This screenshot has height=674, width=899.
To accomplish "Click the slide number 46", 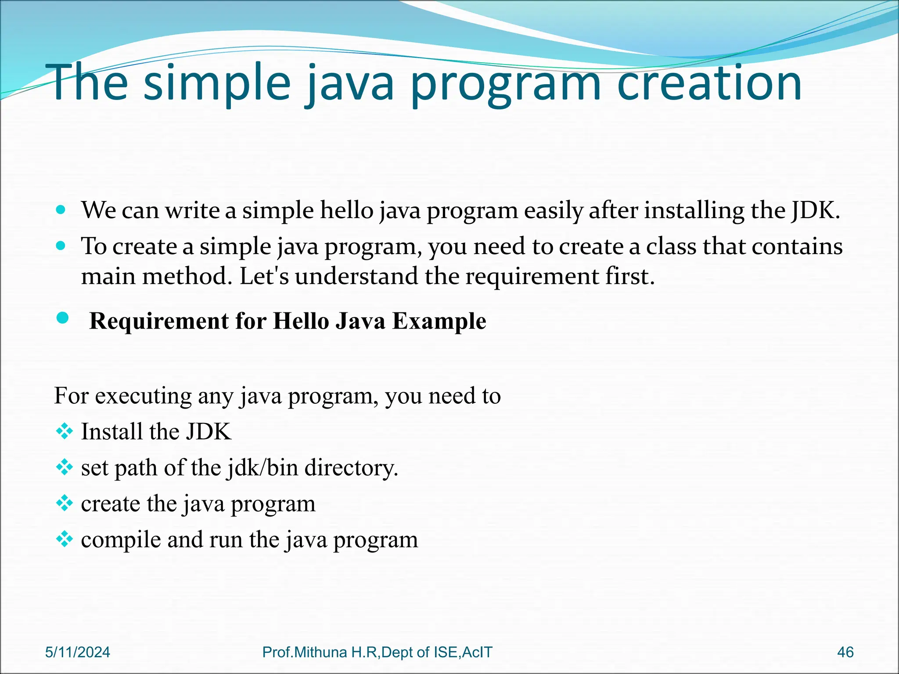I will pos(845,652).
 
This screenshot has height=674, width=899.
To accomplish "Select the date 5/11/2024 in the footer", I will pos(78,652).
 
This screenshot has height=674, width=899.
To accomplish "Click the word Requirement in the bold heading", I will pos(158,321).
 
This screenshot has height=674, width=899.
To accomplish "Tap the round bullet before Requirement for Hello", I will pos(63,318).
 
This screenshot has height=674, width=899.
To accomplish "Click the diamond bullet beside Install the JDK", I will pos(65,431).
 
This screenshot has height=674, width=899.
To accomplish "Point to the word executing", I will pos(143,396).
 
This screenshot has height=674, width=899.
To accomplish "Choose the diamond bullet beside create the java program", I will pos(65,503).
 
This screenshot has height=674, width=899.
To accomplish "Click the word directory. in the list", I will pos(351,468).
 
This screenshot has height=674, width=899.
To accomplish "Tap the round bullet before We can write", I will pos(61,210).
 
